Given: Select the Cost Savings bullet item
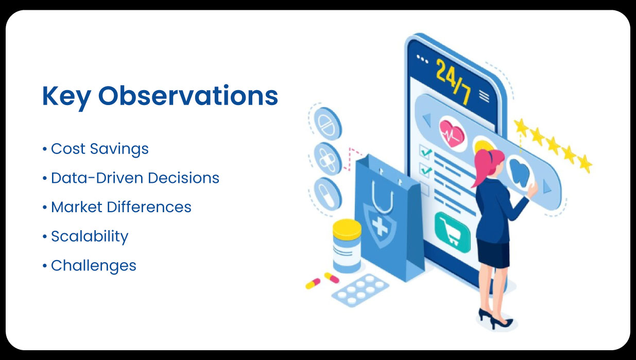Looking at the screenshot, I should [99, 149].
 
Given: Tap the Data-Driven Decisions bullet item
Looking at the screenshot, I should [135, 178].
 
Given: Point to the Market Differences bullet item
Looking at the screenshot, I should [121, 207].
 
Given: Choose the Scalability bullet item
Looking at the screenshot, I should [90, 236].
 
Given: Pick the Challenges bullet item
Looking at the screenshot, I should [93, 266].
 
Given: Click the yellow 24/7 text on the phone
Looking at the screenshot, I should [452, 81].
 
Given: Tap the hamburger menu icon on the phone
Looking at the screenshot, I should [484, 95].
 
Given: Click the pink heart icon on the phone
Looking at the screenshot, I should [452, 134].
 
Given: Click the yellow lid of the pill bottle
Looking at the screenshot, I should [347, 229].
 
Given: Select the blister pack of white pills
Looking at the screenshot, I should [360, 288].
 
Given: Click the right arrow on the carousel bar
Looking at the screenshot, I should [546, 189].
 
